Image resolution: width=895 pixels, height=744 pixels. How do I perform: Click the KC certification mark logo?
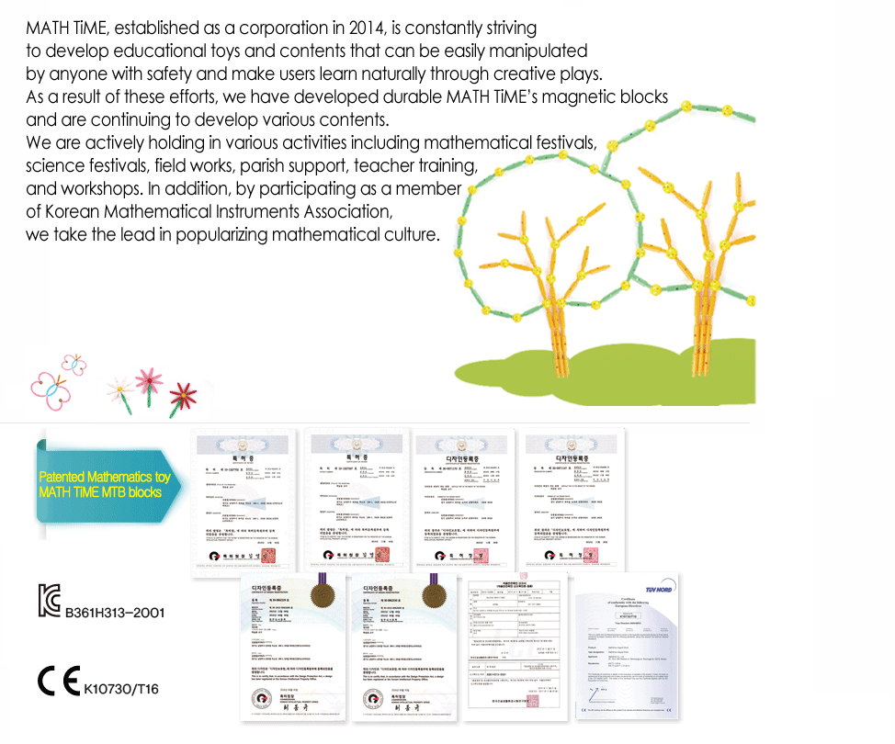coord(48,600)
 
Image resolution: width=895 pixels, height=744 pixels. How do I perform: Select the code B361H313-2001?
coord(114,612)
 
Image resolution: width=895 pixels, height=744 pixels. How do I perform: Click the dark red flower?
coord(184,396)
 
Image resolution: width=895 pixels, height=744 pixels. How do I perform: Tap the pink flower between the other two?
coord(147,378)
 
